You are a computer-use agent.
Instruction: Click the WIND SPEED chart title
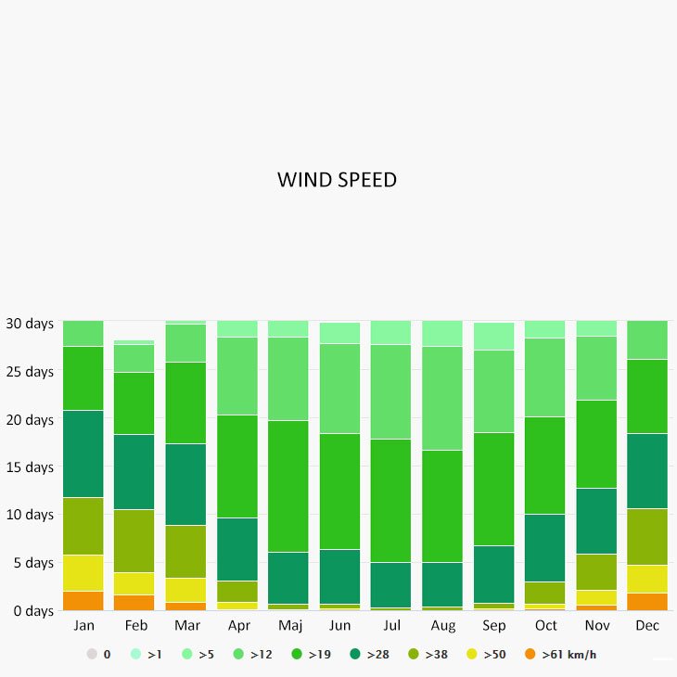tap(337, 180)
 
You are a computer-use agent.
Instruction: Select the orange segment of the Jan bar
tap(83, 601)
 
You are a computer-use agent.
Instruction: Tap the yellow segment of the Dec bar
tap(647, 579)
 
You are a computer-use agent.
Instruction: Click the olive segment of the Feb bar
tap(134, 541)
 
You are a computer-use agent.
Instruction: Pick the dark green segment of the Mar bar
tap(185, 484)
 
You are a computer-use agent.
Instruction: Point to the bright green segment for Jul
tap(390, 501)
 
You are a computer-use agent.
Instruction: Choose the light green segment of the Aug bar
tap(441, 398)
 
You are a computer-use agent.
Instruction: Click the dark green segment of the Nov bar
tap(595, 521)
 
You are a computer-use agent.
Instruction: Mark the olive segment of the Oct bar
tap(544, 593)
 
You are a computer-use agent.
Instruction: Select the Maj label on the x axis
tap(287, 626)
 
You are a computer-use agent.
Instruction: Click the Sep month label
tap(492, 626)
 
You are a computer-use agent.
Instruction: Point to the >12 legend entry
tap(248, 655)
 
